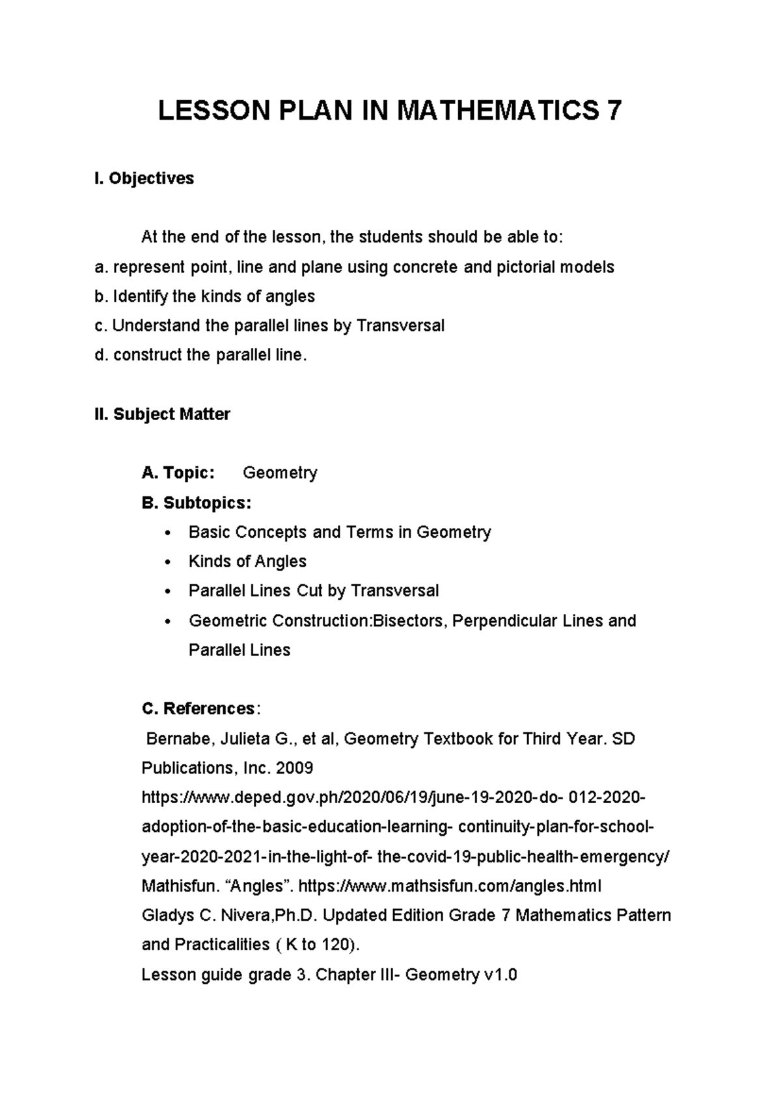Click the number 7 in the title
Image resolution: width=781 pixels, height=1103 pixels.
[612, 111]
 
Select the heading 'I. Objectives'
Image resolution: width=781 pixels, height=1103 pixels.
[144, 178]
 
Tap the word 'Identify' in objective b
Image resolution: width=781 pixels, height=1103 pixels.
[140, 297]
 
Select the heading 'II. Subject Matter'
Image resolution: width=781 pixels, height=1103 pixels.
[162, 414]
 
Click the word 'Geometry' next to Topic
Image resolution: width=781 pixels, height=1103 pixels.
[280, 473]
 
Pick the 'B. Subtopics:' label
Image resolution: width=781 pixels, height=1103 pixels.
[196, 503]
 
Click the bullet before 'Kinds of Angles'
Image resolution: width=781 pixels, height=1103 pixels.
[168, 562]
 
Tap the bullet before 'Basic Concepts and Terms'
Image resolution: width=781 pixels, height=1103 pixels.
[168, 533]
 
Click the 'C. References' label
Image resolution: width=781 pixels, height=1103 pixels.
[198, 708]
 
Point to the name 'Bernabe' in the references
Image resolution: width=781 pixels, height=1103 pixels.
[178, 739]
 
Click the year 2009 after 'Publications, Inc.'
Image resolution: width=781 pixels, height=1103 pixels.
[294, 768]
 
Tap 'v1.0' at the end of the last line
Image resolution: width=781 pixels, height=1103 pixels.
[500, 974]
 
